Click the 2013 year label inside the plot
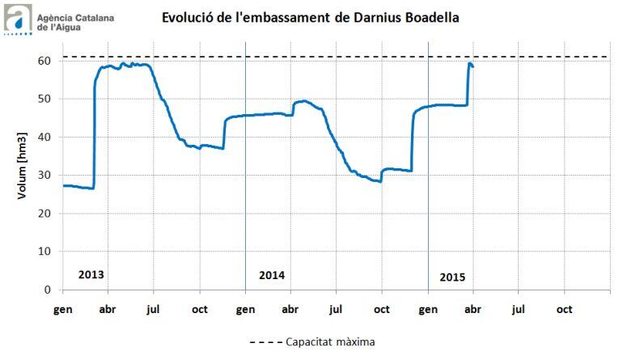pos(91,274)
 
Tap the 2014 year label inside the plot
pos(272,275)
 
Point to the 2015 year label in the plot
pos(453,277)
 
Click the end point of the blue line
pos(473,67)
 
